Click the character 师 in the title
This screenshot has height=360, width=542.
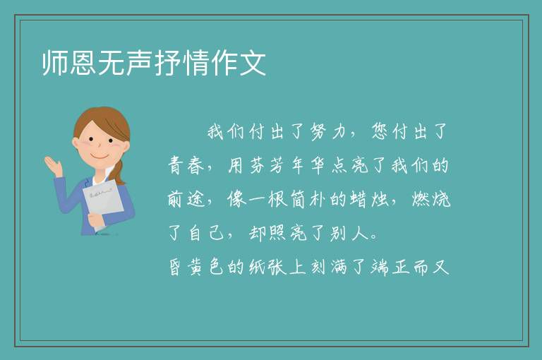click(55, 63)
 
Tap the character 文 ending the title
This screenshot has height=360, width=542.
click(253, 63)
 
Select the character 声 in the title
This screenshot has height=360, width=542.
click(140, 63)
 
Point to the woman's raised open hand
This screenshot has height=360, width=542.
click(53, 165)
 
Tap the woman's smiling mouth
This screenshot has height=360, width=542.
click(100, 156)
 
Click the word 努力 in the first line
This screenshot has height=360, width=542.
click(328, 132)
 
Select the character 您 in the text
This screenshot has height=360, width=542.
click(380, 132)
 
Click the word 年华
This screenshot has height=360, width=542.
click(308, 166)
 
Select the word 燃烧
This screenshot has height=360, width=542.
click(431, 200)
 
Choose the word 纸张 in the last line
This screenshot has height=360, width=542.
click(267, 267)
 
